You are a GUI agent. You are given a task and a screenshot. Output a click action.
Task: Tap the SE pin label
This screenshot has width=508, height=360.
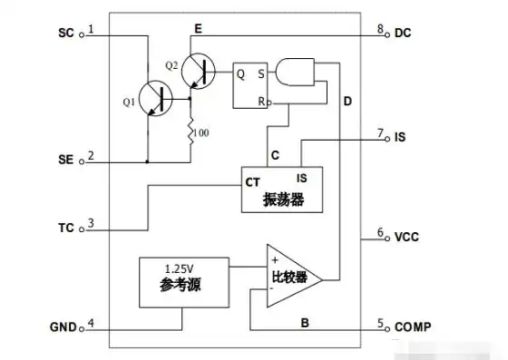[66, 159]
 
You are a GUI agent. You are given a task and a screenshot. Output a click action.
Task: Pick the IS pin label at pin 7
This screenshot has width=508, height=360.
[401, 138]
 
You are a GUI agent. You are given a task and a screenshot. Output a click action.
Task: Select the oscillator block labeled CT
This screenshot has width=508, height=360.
[281, 189]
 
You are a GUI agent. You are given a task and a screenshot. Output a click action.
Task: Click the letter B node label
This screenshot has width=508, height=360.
[306, 321]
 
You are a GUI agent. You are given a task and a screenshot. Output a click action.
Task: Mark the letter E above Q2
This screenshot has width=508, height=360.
[197, 29]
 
